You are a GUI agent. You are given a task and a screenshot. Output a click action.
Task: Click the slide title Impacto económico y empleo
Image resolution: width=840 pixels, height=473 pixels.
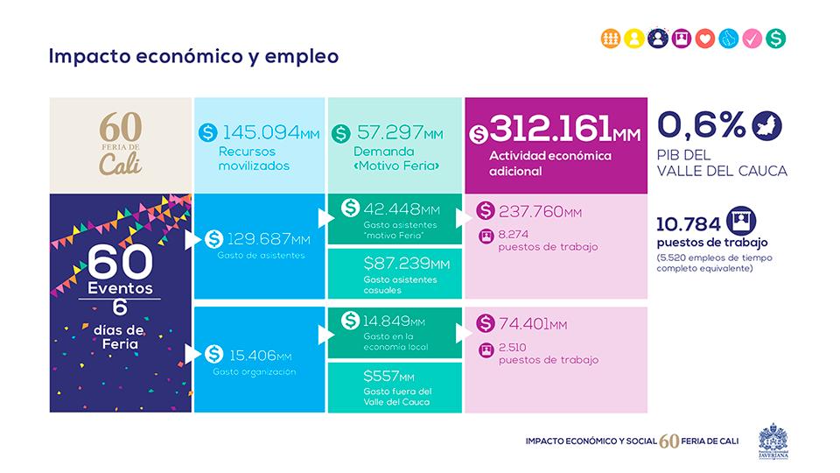click(x=193, y=56)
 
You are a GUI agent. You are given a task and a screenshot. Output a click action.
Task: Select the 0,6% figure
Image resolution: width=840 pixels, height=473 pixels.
click(x=701, y=124)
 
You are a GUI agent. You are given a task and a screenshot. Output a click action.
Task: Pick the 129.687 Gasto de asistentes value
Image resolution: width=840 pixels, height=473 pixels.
click(x=268, y=239)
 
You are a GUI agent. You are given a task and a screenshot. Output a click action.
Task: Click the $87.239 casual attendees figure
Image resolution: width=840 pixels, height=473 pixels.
click(x=406, y=263)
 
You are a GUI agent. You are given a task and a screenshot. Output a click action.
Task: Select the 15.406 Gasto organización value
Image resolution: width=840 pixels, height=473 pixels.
click(x=260, y=355)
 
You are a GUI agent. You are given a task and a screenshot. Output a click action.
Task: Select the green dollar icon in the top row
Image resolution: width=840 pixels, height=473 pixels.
click(x=775, y=39)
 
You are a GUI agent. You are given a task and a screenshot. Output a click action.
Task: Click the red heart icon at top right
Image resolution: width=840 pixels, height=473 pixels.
click(x=705, y=39)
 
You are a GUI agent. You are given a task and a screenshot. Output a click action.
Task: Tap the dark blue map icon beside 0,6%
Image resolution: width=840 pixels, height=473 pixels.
click(x=767, y=124)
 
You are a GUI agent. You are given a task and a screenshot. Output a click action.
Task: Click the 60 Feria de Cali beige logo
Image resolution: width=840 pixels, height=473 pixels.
click(x=120, y=144)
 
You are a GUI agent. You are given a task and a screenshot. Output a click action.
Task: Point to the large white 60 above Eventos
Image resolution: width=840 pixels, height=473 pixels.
click(x=120, y=260)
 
